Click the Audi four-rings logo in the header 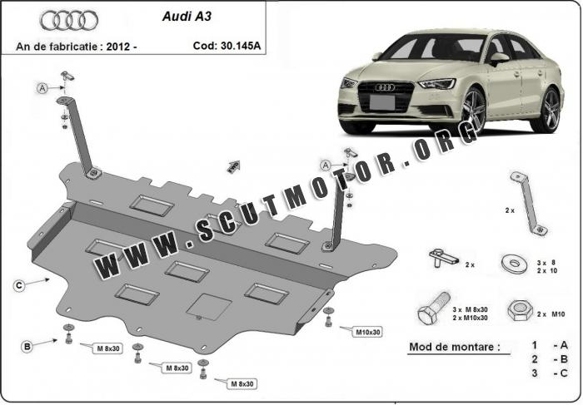tap(69, 20)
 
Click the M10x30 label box tap(367, 332)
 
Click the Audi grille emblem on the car tap(383, 86)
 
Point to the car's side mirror tap(499, 59)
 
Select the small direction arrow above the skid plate tap(233, 166)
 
